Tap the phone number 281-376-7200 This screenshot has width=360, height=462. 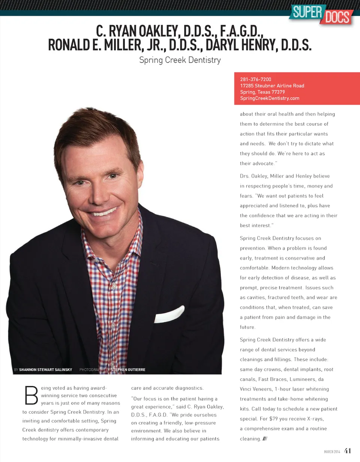click(255, 79)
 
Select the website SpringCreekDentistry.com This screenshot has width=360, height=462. click(270, 98)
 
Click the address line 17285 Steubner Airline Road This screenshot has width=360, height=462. click(272, 86)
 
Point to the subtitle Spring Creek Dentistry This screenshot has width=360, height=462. click(180, 60)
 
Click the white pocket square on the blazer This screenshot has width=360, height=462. click(169, 315)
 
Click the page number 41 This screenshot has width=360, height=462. click(348, 451)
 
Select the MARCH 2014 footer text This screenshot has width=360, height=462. click(332, 451)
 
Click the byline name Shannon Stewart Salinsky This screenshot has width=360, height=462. click(45, 370)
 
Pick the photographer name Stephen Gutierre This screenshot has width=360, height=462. click(128, 370)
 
